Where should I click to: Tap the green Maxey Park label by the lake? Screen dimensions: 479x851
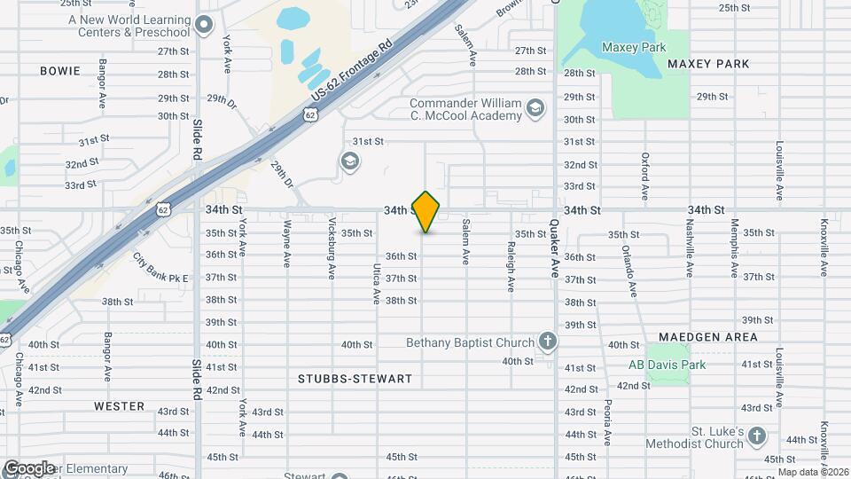coord(632,47)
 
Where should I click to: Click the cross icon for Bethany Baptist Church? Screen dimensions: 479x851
coord(548,342)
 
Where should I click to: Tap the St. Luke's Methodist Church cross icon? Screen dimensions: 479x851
coord(756,436)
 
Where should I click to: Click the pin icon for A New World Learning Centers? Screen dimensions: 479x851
coord(205,26)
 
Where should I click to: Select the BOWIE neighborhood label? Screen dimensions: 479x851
coord(60,71)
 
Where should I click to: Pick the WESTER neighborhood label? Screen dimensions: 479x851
coord(119,406)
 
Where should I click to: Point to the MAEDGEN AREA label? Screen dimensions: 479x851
coord(707,337)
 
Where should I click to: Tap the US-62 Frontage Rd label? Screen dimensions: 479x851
coord(351,68)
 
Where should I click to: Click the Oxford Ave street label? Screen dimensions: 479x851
coord(645,175)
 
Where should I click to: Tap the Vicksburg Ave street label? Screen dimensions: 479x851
coord(332,248)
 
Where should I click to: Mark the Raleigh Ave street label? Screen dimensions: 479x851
coord(511,267)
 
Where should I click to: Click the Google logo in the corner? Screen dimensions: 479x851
coord(29,467)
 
